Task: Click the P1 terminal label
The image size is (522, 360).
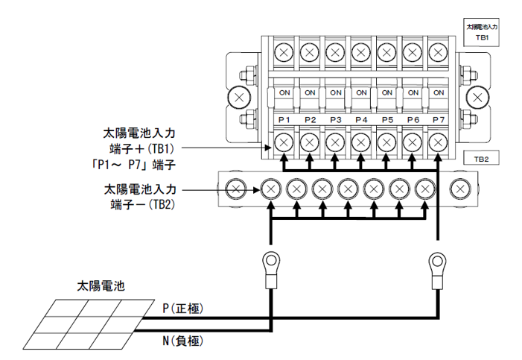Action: tap(284, 120)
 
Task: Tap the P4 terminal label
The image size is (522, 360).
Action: tap(361, 120)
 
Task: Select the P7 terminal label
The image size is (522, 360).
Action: tap(439, 120)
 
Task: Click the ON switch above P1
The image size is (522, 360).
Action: tap(284, 93)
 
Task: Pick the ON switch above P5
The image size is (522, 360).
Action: tap(386, 93)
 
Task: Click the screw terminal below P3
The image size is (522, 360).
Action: tap(335, 141)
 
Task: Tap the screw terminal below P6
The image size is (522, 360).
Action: tap(413, 141)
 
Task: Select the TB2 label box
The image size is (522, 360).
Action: tap(481, 159)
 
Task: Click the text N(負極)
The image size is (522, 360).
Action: tap(182, 341)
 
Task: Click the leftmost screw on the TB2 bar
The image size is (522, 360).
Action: tap(237, 190)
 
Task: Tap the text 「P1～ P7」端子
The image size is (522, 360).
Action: tap(138, 162)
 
